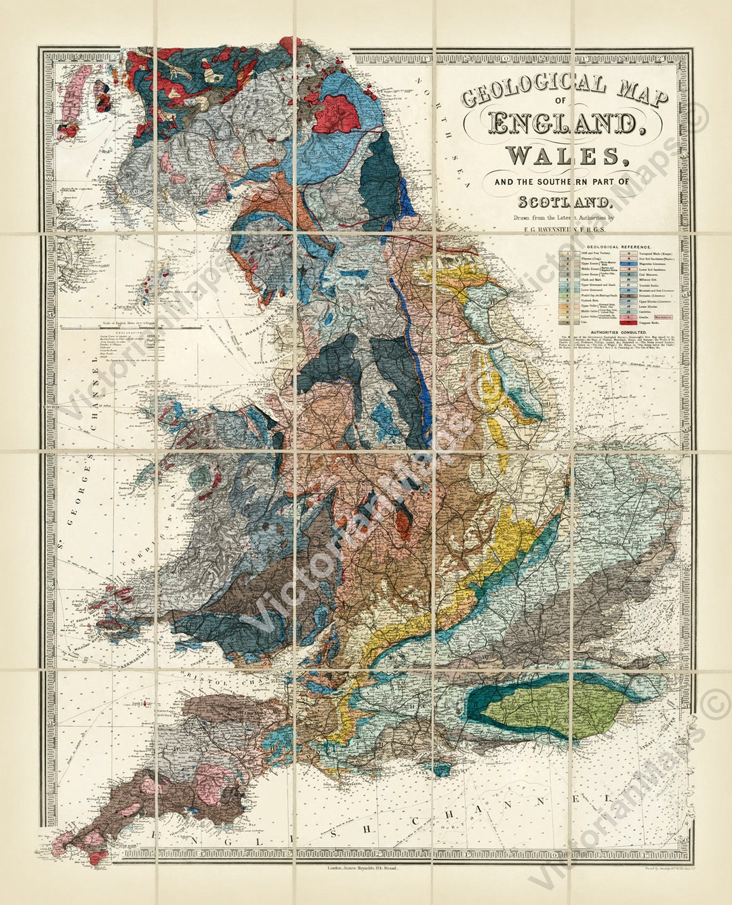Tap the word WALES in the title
point(563,156)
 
